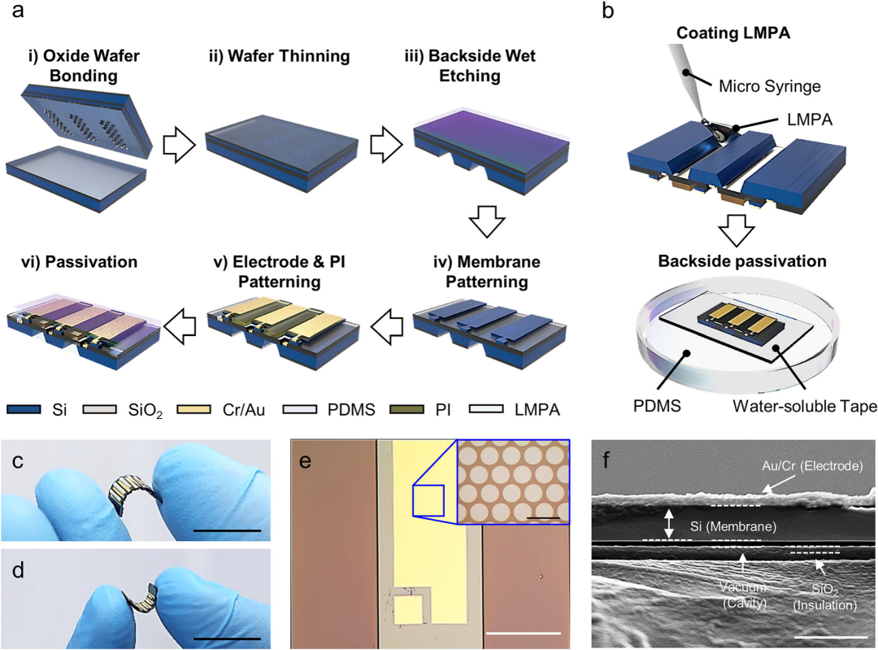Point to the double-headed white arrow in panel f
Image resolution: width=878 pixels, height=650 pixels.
668,523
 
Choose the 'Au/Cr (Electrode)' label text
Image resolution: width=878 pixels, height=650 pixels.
801,466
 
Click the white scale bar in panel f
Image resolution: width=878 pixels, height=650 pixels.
823,637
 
